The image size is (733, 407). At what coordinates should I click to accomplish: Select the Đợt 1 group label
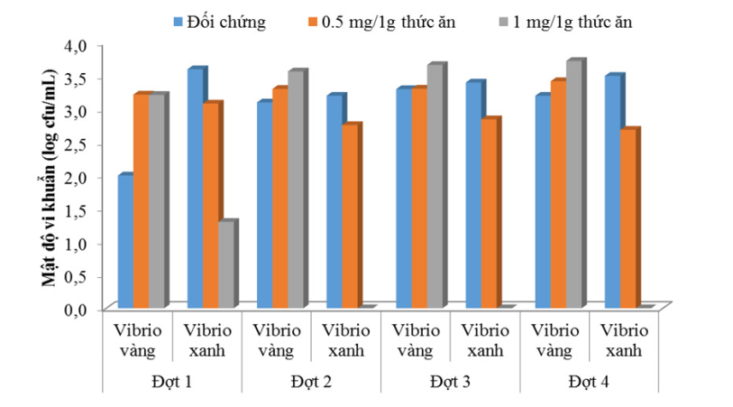click(171, 382)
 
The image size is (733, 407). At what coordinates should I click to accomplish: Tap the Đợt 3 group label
click(450, 382)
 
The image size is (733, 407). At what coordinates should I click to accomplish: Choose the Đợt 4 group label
click(589, 382)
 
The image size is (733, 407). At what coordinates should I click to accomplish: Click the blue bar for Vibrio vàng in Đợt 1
click(125, 242)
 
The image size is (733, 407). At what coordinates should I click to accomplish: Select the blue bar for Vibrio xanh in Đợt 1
click(195, 189)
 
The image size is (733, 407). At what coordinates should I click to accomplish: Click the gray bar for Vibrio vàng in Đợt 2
click(295, 190)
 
